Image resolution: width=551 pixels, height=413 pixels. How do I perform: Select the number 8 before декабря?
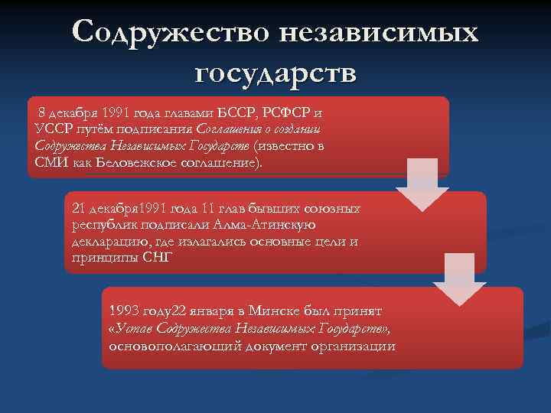click(x=42, y=113)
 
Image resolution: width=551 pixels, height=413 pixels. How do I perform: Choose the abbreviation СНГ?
click(x=158, y=258)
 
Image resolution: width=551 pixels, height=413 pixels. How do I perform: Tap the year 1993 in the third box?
click(x=125, y=311)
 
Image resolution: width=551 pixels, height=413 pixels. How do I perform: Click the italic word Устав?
click(x=136, y=329)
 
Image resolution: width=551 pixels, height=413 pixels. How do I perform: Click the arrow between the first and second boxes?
click(x=422, y=187)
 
